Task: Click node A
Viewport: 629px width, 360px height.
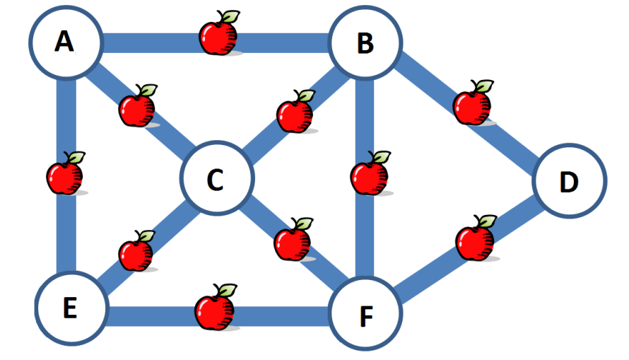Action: point(64,42)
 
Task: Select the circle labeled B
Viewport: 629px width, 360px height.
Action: point(365,44)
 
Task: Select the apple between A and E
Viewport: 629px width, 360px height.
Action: point(64,176)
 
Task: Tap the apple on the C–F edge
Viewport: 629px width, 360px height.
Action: point(292,242)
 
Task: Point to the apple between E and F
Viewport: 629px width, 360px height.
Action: point(214,310)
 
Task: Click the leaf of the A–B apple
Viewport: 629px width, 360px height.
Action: point(228,16)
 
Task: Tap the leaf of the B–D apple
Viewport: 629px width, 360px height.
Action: point(483,86)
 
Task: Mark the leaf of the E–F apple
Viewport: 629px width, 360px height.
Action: point(226,290)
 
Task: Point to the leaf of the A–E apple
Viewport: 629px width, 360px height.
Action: point(76,157)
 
